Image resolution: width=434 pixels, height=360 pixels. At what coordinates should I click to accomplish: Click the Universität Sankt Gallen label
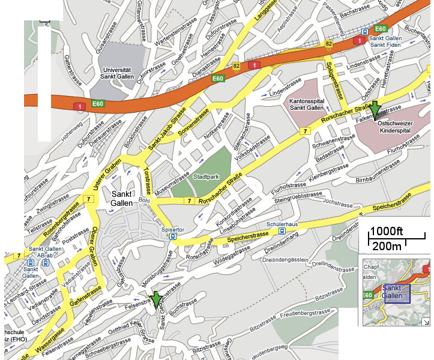tap(118, 73)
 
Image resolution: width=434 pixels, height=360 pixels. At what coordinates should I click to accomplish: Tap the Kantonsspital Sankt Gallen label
tap(307, 104)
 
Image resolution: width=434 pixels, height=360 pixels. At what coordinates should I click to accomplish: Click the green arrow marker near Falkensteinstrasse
tap(375, 110)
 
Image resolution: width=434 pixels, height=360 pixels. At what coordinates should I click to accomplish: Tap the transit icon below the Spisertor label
tap(173, 236)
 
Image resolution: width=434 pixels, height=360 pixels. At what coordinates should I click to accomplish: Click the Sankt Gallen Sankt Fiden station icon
tap(365, 32)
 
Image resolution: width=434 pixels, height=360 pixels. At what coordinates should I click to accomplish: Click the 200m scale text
tap(387, 246)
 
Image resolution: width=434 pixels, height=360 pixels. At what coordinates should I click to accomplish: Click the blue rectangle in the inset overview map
tap(396, 293)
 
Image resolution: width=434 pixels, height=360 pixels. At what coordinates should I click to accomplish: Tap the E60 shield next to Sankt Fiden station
tap(380, 28)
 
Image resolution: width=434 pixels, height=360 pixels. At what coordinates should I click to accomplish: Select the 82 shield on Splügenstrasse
tap(328, 44)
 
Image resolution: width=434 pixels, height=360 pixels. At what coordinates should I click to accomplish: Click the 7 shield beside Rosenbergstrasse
tap(89, 199)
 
